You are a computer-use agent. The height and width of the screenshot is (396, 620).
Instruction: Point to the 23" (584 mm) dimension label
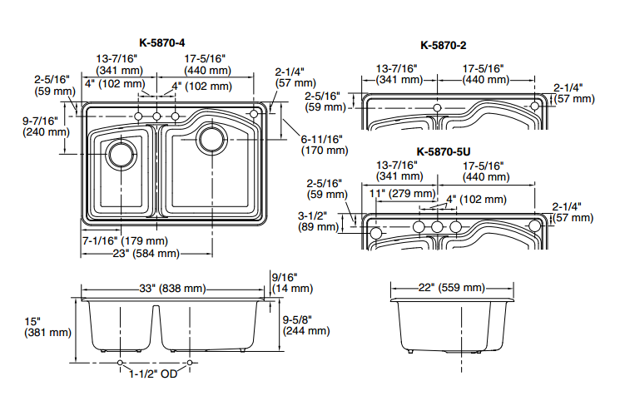coord(146,253)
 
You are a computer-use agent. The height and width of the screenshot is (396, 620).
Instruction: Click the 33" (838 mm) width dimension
coord(171,289)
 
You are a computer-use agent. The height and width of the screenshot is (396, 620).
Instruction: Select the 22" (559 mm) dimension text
coord(451,288)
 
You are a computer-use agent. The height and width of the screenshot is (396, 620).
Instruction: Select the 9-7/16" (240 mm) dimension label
coord(42,126)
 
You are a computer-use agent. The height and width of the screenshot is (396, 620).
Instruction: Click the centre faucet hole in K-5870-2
coord(439,109)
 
